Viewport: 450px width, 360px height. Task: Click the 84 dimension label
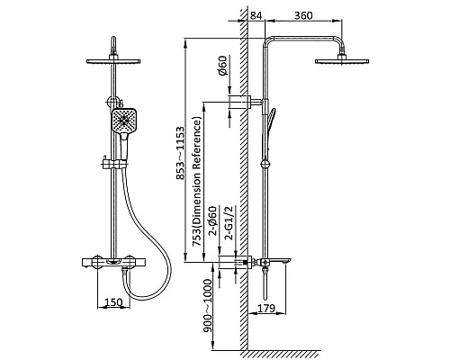[x=256, y=15]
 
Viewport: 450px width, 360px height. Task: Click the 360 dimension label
[x=303, y=15]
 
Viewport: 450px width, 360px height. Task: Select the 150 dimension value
[x=113, y=301]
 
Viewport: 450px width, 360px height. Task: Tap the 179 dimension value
[x=265, y=308]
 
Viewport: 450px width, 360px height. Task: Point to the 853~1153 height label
[x=180, y=154]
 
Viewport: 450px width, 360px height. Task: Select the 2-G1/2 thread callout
[x=229, y=223]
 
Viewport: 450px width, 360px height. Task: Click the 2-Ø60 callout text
[x=212, y=221]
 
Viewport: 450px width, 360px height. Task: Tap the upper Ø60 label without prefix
[x=223, y=66]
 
